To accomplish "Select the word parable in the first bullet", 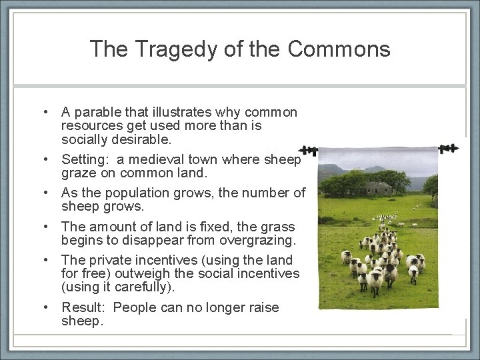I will (96, 112).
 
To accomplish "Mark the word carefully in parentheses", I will (140, 287).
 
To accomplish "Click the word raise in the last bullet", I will (263, 307).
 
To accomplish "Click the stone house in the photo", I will (377, 188).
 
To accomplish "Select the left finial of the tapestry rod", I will (307, 150).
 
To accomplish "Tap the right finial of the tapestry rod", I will (449, 147).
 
